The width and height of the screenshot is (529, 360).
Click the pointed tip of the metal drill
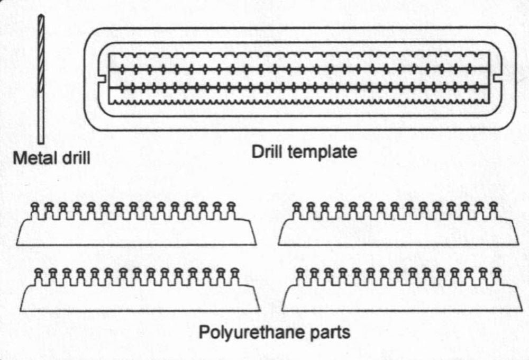(x=41, y=17)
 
